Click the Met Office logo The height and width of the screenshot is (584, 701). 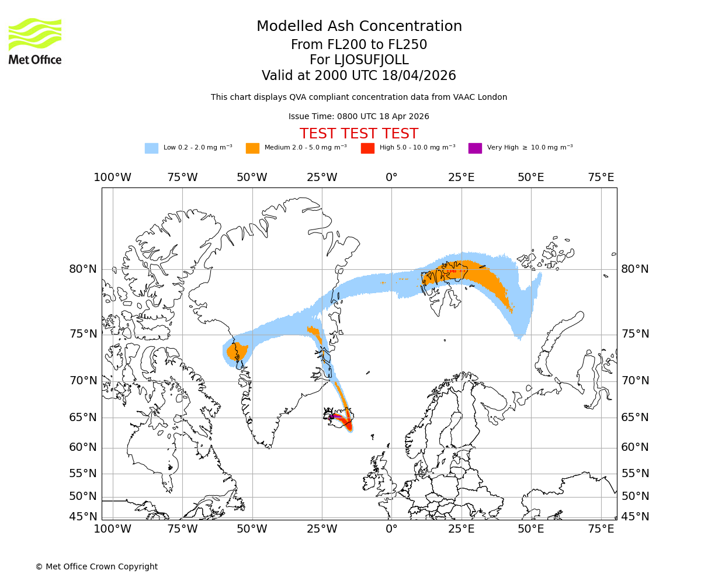pyautogui.click(x=35, y=41)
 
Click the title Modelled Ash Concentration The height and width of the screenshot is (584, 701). pyautogui.click(x=359, y=27)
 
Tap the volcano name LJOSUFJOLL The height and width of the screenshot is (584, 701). pyautogui.click(x=359, y=60)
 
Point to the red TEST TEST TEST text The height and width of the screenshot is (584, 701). pyautogui.click(x=359, y=134)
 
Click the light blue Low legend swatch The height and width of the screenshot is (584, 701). pyautogui.click(x=151, y=148)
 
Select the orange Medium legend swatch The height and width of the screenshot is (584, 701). pyautogui.click(x=252, y=148)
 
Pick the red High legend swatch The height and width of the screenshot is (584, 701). pyautogui.click(x=367, y=148)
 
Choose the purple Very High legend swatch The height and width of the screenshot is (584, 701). pyautogui.click(x=475, y=148)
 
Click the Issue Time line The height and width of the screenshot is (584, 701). pyautogui.click(x=359, y=116)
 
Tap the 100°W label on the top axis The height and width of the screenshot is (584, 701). pyautogui.click(x=112, y=178)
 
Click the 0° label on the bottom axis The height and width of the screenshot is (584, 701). pyautogui.click(x=391, y=529)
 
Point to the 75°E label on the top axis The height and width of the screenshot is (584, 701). pyautogui.click(x=601, y=178)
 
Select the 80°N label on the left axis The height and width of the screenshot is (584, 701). pyautogui.click(x=83, y=269)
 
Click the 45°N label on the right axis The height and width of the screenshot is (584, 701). pyautogui.click(x=635, y=517)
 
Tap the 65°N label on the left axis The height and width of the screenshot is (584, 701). pyautogui.click(x=83, y=418)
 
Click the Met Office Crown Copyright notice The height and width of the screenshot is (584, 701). pyautogui.click(x=96, y=566)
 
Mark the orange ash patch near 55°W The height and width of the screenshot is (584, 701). pyautogui.click(x=237, y=352)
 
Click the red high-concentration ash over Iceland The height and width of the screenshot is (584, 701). pyautogui.click(x=349, y=425)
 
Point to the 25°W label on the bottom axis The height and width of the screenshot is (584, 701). pyautogui.click(x=322, y=529)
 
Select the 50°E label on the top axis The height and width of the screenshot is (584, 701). pyautogui.click(x=530, y=178)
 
